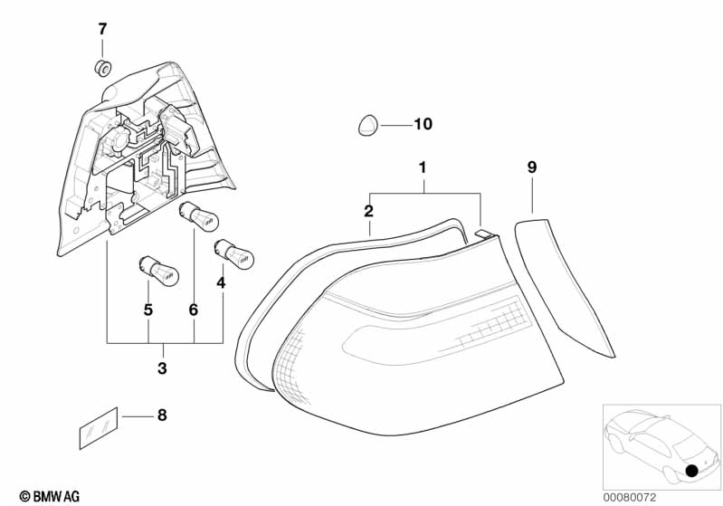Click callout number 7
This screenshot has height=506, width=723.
pos(102,29)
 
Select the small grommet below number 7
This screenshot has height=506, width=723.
pos(102,66)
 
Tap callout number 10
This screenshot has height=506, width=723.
pos(423,124)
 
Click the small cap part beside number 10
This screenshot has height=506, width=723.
pos(367,125)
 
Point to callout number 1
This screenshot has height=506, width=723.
pos(422,167)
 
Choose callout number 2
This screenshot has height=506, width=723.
pos(368,212)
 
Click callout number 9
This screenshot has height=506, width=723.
pos(532,167)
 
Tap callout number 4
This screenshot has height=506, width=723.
pos(222,282)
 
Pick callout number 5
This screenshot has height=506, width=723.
pos(147,310)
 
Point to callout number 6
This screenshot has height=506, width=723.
pos(193,310)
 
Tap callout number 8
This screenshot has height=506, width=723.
pos(162,416)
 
